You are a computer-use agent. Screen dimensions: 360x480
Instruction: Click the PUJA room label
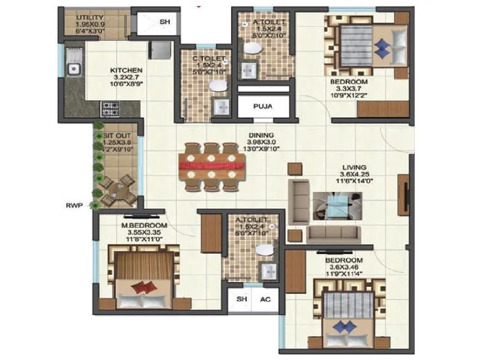tap(260, 107)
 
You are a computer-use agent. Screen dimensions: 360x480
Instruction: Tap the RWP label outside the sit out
tap(73, 205)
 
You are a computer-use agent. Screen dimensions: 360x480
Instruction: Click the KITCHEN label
tap(126, 70)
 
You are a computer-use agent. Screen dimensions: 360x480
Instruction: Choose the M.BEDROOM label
tap(144, 225)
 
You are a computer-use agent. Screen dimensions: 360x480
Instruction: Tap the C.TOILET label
tap(208, 58)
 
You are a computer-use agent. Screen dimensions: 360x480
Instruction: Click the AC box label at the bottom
tap(265, 299)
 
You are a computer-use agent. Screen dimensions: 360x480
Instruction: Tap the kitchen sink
tap(74, 69)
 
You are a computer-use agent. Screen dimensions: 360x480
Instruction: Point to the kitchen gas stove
tap(109, 109)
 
